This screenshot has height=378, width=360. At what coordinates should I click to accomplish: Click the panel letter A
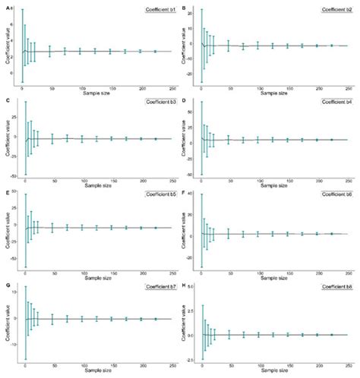coord(7,6)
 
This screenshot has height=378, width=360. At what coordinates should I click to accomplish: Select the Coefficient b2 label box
coord(333,11)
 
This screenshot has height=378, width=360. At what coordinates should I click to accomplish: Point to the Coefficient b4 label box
coord(333,102)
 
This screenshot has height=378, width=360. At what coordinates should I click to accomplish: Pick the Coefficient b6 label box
coord(333,196)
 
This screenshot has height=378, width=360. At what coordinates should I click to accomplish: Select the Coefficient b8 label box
coord(333,288)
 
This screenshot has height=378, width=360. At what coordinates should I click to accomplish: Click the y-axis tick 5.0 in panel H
coord(190,287)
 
